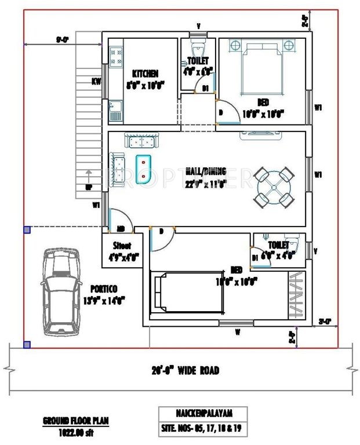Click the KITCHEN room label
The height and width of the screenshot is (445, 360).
145,74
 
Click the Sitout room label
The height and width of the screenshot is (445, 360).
121,245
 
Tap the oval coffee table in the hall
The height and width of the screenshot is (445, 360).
143,169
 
